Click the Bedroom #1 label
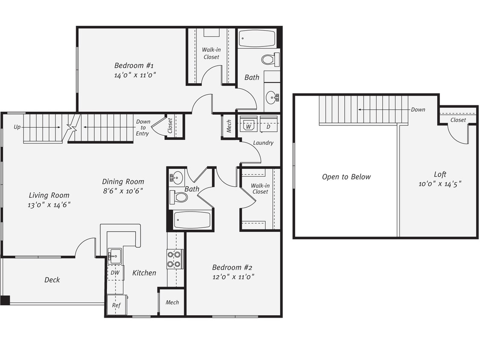[134, 66]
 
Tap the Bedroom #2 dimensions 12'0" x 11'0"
[233, 277]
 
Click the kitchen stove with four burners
[175, 258]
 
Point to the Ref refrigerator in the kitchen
[116, 305]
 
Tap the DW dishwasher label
[115, 273]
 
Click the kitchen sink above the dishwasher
[114, 256]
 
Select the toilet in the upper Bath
[270, 59]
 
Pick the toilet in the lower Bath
[179, 197]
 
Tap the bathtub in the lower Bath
[192, 220]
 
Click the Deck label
[52, 280]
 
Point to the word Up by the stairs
[17, 127]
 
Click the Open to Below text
[346, 177]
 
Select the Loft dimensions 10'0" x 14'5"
[440, 184]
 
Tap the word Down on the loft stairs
[418, 110]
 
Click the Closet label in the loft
[458, 120]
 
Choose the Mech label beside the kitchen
[172, 302]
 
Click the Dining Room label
[123, 182]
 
